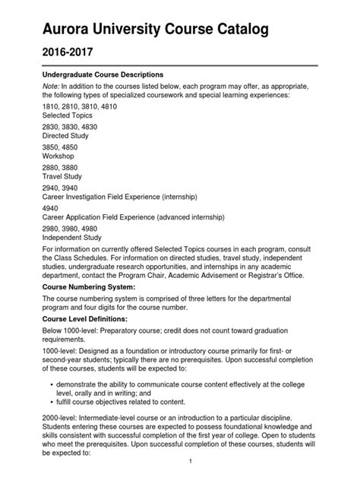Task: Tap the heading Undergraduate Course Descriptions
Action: coord(102,75)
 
